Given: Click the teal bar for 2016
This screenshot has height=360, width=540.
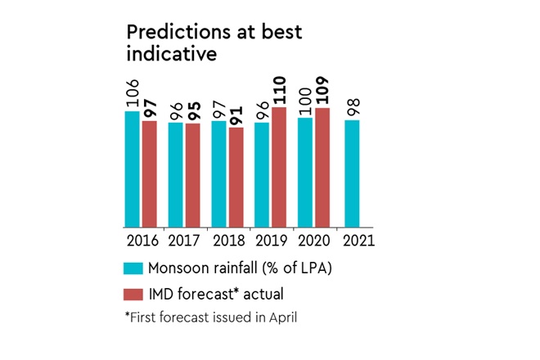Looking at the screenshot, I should click(x=132, y=169).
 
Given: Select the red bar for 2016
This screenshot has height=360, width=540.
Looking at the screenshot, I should click(x=149, y=174).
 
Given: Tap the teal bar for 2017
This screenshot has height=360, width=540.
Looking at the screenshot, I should click(x=175, y=175).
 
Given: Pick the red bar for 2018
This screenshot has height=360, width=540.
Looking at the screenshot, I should click(x=236, y=178).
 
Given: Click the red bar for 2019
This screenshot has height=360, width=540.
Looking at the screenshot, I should click(x=279, y=168).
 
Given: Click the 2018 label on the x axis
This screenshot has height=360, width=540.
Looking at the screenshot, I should click(x=227, y=241).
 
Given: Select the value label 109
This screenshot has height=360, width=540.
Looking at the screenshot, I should click(x=322, y=91).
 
